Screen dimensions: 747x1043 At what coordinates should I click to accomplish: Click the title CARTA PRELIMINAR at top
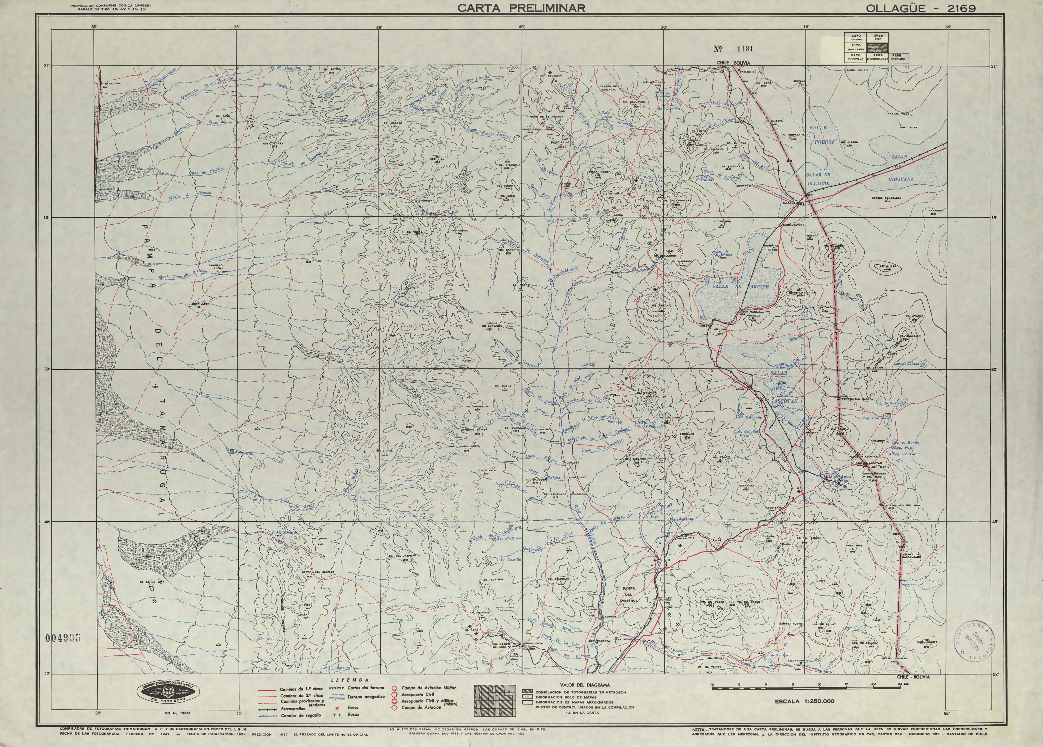point(521,8)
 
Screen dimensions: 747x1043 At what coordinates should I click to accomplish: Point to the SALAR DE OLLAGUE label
point(818,179)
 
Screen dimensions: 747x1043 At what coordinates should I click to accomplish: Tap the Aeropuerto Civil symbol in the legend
point(394,694)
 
